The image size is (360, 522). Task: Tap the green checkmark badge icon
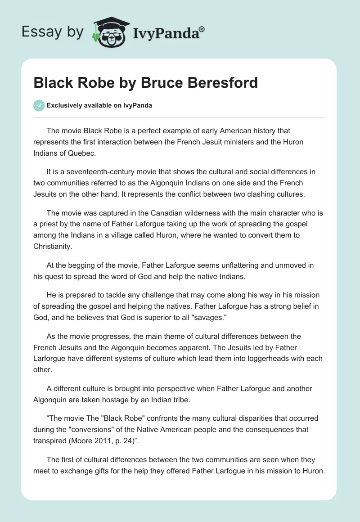click(39, 105)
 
